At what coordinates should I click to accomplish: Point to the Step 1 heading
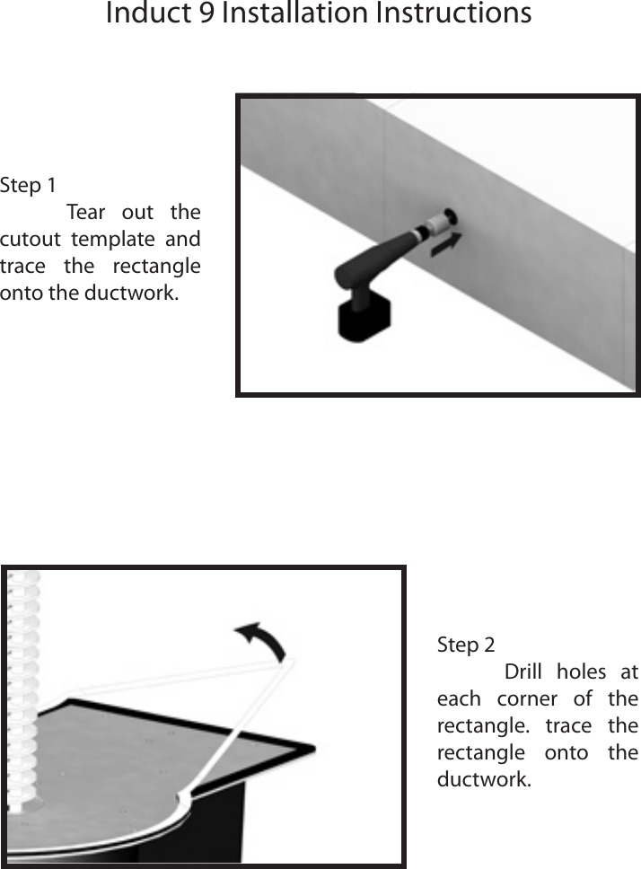(x=28, y=186)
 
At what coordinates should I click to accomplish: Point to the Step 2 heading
(x=465, y=645)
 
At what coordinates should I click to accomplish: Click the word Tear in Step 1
(x=86, y=213)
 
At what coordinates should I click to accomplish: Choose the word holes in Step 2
(x=581, y=672)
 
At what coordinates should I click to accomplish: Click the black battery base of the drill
(x=364, y=320)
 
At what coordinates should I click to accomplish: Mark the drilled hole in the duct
(x=448, y=216)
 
